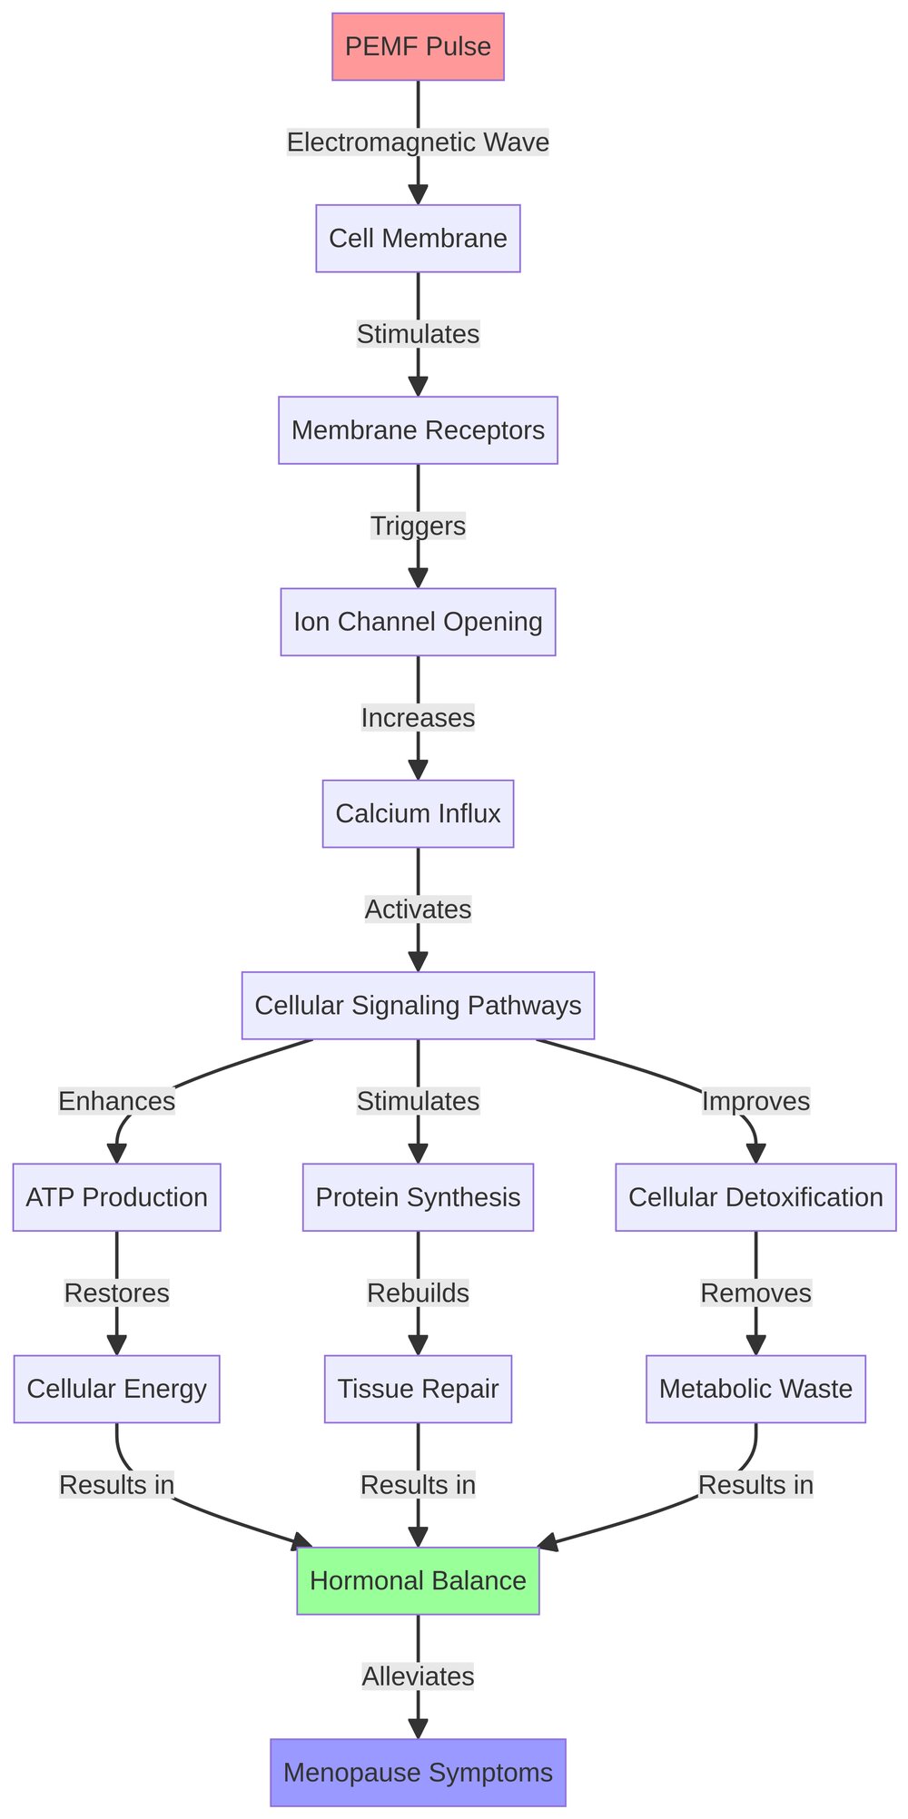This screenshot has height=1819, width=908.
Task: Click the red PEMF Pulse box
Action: click(418, 47)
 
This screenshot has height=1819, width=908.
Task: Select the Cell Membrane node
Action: click(418, 239)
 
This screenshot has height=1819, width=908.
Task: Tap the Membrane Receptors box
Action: click(418, 430)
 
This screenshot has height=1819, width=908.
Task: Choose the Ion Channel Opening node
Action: click(418, 622)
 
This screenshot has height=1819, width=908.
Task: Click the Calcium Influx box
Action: click(418, 813)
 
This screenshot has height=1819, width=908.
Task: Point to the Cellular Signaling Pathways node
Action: click(418, 1006)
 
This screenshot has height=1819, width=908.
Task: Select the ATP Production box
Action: click(116, 1197)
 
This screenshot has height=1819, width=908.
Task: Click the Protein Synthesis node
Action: click(418, 1197)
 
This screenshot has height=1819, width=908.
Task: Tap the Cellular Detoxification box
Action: click(755, 1197)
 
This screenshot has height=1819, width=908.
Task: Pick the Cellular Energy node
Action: click(116, 1389)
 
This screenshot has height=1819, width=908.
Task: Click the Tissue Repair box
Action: click(418, 1389)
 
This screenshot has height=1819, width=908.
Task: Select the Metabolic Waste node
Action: click(755, 1389)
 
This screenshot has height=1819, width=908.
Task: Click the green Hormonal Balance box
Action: click(418, 1580)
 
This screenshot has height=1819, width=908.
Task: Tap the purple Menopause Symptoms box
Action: click(418, 1772)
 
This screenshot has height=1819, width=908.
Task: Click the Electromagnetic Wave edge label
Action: click(418, 143)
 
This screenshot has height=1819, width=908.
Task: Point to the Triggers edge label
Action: click(418, 526)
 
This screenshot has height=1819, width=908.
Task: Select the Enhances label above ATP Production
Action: click(116, 1101)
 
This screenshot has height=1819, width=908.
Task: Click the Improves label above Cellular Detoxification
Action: click(755, 1101)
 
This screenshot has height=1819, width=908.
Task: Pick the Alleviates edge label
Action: click(418, 1676)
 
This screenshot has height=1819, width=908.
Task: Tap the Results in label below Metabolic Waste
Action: click(755, 1485)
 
